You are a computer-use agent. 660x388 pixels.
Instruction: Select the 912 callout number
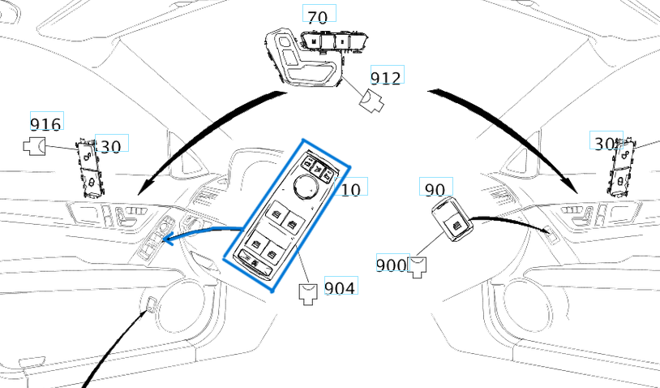(x=386, y=77)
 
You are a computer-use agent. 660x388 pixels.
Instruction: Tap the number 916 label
(x=45, y=124)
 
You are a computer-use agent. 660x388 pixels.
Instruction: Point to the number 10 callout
(x=351, y=189)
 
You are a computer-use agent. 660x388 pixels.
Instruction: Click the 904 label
(x=340, y=287)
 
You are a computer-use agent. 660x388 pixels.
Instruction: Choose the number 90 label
(x=435, y=189)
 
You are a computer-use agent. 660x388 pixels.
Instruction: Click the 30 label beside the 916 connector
(x=110, y=146)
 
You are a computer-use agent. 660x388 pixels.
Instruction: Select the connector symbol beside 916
(x=34, y=147)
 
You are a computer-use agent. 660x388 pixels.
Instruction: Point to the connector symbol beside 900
(x=418, y=265)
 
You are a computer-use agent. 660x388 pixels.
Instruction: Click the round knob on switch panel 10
(x=306, y=188)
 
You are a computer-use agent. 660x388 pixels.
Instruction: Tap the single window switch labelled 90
(x=452, y=221)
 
